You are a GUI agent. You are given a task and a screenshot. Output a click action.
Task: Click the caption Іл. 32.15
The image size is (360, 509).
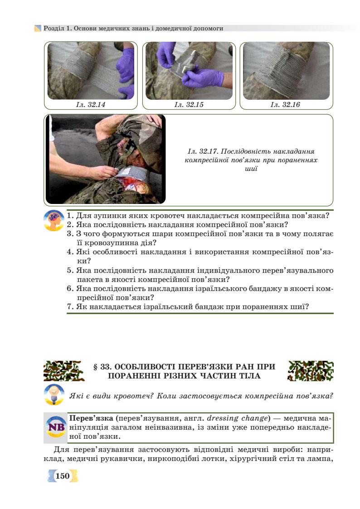point(189,105)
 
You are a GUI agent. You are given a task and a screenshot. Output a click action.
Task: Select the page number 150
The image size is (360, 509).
point(63,476)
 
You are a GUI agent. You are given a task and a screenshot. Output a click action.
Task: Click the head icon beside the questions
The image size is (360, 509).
point(54,221)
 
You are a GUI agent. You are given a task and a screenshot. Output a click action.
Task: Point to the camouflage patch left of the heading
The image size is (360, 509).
point(63,371)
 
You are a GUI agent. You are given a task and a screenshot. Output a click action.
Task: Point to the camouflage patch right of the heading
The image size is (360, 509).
point(311,371)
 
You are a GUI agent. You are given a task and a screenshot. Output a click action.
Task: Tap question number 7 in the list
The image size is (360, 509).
point(70,307)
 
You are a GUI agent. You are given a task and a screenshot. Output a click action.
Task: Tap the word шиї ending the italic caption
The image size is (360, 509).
point(251,169)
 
